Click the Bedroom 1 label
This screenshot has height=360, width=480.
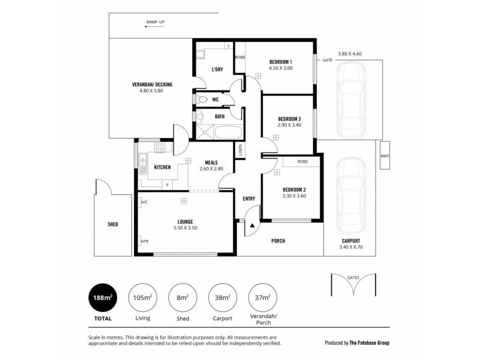pyautogui.click(x=280, y=62)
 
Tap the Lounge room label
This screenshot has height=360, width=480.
pyautogui.click(x=185, y=221)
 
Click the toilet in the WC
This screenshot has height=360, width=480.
pyautogui.click(x=202, y=99)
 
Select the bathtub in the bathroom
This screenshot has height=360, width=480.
pyautogui.click(x=227, y=133)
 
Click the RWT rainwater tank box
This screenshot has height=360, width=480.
pyautogui.click(x=384, y=158)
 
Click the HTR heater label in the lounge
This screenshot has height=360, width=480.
pyautogui.click(x=144, y=241)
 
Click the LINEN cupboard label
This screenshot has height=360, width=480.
pyautogui.click(x=239, y=151)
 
